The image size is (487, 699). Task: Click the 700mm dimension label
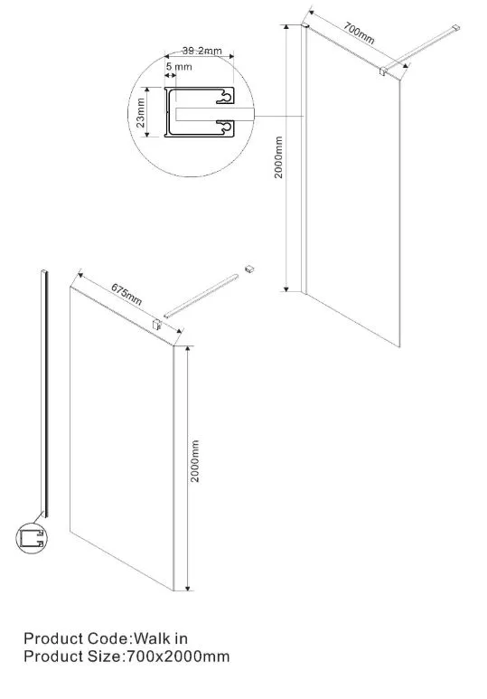(359, 34)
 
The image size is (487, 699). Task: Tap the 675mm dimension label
(126, 295)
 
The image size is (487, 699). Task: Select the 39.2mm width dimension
(201, 51)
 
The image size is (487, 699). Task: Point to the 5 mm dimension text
(179, 67)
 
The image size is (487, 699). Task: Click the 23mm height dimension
(141, 113)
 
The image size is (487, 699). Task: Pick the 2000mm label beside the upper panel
(278, 157)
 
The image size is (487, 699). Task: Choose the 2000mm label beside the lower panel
(195, 461)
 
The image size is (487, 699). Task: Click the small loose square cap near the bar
(249, 269)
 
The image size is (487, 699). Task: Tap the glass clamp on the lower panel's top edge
(156, 324)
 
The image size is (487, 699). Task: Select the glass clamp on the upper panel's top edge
(383, 71)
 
